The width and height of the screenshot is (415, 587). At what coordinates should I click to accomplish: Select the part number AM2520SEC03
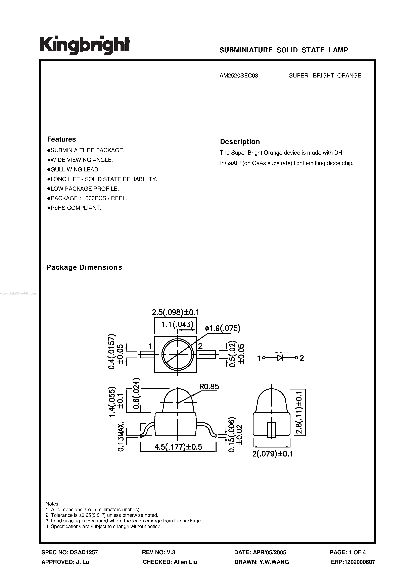click(x=239, y=76)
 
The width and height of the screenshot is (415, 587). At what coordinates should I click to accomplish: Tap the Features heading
click(x=61, y=139)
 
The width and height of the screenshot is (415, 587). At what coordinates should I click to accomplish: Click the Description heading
click(x=240, y=142)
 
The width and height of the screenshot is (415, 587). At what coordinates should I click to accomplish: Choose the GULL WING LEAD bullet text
click(x=75, y=169)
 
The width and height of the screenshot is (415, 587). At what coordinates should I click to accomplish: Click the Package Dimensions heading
click(x=84, y=267)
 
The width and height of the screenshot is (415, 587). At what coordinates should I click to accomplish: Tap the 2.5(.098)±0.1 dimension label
click(x=176, y=312)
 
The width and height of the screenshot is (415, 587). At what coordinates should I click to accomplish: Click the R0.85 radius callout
click(x=209, y=387)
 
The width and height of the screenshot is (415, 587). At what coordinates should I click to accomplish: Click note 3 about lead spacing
click(x=124, y=521)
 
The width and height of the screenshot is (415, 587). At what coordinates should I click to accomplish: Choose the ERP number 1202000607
click(x=360, y=562)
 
